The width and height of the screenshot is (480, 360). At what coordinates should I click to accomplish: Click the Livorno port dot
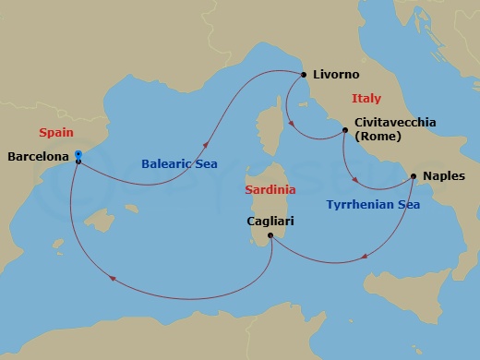[303, 75]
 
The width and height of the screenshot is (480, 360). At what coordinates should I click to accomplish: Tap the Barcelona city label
[38, 157]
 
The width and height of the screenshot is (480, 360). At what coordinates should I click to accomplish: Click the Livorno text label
[336, 75]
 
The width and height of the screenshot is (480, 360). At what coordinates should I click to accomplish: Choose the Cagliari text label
[271, 222]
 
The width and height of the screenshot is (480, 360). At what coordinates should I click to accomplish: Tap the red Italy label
[366, 99]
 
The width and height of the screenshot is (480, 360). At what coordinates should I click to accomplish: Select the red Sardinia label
[270, 189]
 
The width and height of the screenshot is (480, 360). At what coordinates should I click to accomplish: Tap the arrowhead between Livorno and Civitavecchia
[290, 121]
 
